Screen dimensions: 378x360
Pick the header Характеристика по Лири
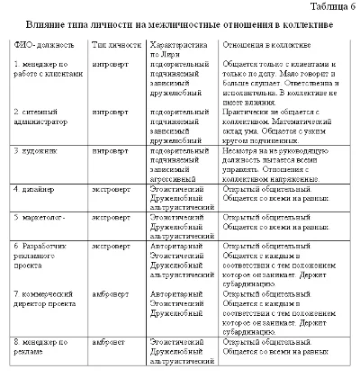(x=180, y=48)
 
